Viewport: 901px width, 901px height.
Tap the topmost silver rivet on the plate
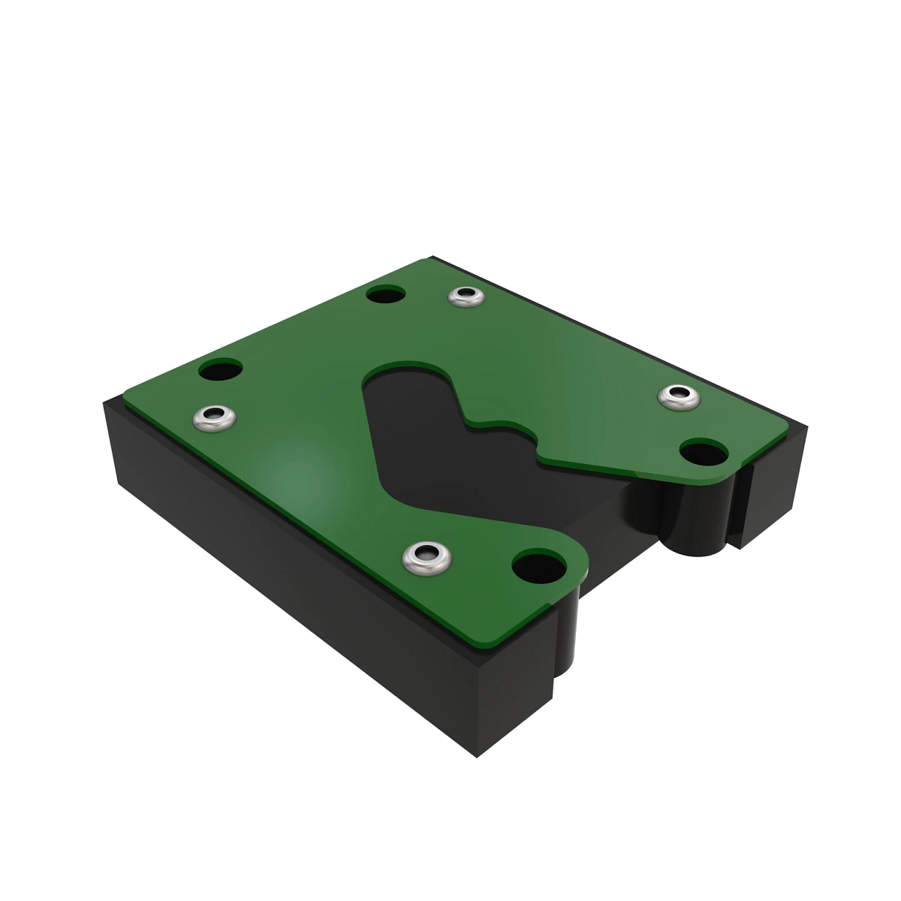467,296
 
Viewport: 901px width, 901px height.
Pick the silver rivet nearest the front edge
425,557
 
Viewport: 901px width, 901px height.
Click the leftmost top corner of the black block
105,404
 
